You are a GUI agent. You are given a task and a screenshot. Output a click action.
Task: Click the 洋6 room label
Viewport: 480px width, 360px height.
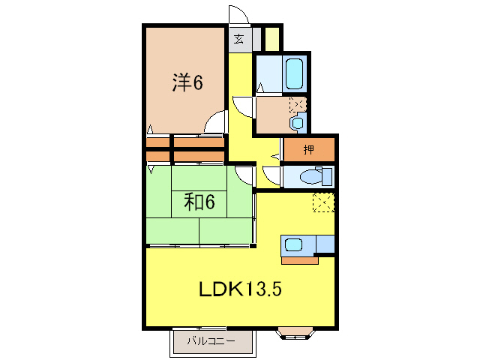tap(187, 82)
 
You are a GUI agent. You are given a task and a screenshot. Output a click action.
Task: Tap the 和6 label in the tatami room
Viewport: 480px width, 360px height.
tap(199, 202)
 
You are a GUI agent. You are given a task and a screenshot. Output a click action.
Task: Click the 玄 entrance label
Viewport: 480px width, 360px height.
tap(238, 39)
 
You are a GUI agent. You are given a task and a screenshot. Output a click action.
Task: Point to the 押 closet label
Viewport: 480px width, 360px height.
tap(308, 149)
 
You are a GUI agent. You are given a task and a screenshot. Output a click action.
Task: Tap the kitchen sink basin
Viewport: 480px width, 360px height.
tap(292, 245)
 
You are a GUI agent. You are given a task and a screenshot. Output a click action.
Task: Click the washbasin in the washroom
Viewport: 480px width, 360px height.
tap(298, 122)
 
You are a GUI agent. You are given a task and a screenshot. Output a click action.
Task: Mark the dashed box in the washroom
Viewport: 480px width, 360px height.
tap(297, 104)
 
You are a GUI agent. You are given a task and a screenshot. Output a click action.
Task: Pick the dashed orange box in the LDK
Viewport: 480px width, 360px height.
tap(324, 202)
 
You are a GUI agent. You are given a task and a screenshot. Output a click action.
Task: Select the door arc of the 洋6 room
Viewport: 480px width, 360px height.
tap(216, 121)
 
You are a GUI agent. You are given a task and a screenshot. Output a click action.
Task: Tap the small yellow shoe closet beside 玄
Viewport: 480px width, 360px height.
tap(271, 38)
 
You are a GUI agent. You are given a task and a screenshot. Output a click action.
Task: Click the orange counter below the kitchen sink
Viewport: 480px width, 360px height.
tap(300, 262)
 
